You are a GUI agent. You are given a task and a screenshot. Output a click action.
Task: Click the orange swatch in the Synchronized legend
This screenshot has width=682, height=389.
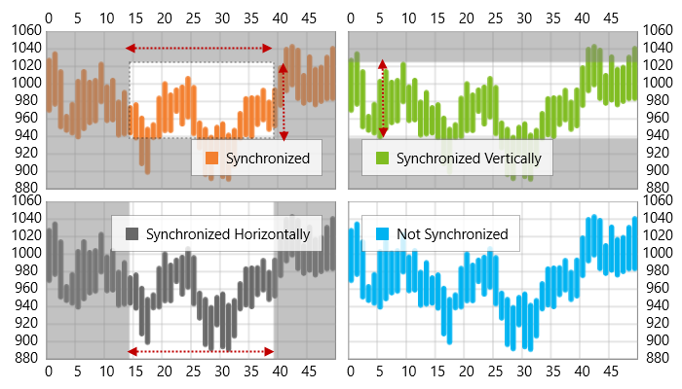coord(212,158)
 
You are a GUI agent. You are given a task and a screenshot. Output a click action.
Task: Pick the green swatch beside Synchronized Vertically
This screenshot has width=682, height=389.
coord(382,158)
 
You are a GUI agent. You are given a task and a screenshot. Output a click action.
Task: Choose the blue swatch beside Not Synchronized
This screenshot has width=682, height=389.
coord(382,233)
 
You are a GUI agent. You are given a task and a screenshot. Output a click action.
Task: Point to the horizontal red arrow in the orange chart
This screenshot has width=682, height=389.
coord(200,48)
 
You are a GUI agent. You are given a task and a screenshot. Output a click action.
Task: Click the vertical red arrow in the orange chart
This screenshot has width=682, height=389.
coord(283,102)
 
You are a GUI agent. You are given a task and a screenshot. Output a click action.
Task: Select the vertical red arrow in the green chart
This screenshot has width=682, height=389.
coord(382,97)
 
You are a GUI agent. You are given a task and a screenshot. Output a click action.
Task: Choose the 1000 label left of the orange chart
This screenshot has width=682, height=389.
coord(23,83)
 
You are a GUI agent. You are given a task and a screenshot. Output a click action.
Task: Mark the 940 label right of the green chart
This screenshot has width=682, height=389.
coord(656,135)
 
